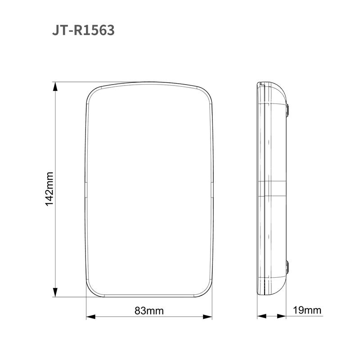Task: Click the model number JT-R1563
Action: [83, 30]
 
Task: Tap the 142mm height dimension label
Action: [49, 189]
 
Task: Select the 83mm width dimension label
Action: [149, 311]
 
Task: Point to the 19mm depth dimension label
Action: [307, 310]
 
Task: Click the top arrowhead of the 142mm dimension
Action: [55, 86]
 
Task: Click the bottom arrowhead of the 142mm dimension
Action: [55, 292]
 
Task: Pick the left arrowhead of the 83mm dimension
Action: [91, 317]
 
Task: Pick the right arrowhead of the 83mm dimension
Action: [207, 317]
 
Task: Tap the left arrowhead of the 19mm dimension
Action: [262, 316]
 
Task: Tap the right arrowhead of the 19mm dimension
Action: [282, 316]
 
